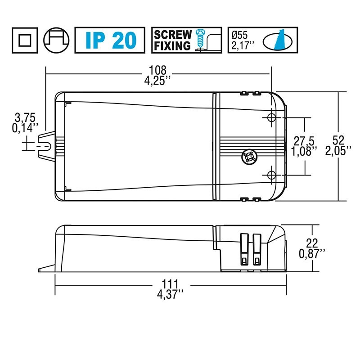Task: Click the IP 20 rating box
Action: [109, 40]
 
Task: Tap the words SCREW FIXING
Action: [173, 40]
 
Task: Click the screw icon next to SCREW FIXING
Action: [201, 40]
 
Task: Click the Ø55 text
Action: [240, 34]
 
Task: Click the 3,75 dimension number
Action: [25, 118]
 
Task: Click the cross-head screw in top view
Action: [248, 158]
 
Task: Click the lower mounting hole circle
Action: [271, 175]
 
